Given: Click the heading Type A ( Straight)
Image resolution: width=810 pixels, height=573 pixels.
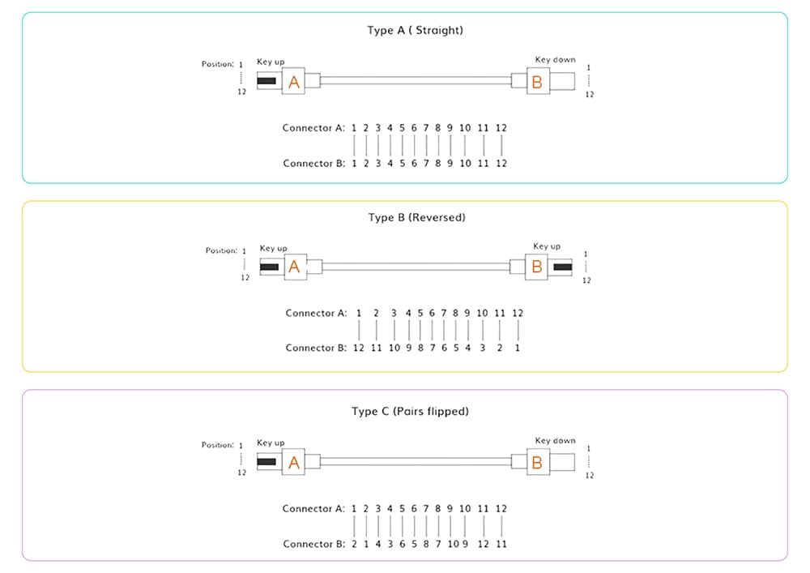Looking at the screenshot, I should (x=415, y=31).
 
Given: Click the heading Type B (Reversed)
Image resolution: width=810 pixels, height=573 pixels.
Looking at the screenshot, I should (x=416, y=217).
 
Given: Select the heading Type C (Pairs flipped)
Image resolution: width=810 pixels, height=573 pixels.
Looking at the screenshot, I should (x=410, y=412).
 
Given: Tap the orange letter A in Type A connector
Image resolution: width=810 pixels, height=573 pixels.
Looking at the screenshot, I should (x=294, y=82).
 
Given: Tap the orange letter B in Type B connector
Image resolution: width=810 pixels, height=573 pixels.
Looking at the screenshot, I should (x=536, y=267).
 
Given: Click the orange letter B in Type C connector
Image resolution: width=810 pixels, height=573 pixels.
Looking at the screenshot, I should (x=536, y=463).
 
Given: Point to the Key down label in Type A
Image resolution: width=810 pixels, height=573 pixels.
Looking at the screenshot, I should (x=555, y=60).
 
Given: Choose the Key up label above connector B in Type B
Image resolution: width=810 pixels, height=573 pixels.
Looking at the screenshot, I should (x=546, y=246).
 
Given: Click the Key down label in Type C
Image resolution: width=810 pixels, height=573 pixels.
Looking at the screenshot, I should (x=555, y=441).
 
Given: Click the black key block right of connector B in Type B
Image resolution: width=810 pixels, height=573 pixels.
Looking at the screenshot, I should (x=562, y=267).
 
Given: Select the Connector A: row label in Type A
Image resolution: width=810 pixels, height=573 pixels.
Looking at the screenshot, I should (x=313, y=128).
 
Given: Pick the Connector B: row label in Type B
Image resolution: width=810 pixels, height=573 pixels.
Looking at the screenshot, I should (x=317, y=348).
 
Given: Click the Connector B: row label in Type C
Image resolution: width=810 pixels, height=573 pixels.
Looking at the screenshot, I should (x=313, y=544).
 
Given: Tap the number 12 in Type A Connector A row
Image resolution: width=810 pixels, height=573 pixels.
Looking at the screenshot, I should (x=501, y=128).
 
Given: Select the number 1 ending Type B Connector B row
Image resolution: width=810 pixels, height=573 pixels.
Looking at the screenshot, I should (x=518, y=348).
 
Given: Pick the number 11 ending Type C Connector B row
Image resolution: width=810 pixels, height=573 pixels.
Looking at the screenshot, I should (x=501, y=544).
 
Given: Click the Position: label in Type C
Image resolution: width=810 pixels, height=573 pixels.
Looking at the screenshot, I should (x=217, y=445).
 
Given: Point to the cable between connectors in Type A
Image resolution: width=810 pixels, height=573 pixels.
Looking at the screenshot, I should (x=416, y=81).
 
